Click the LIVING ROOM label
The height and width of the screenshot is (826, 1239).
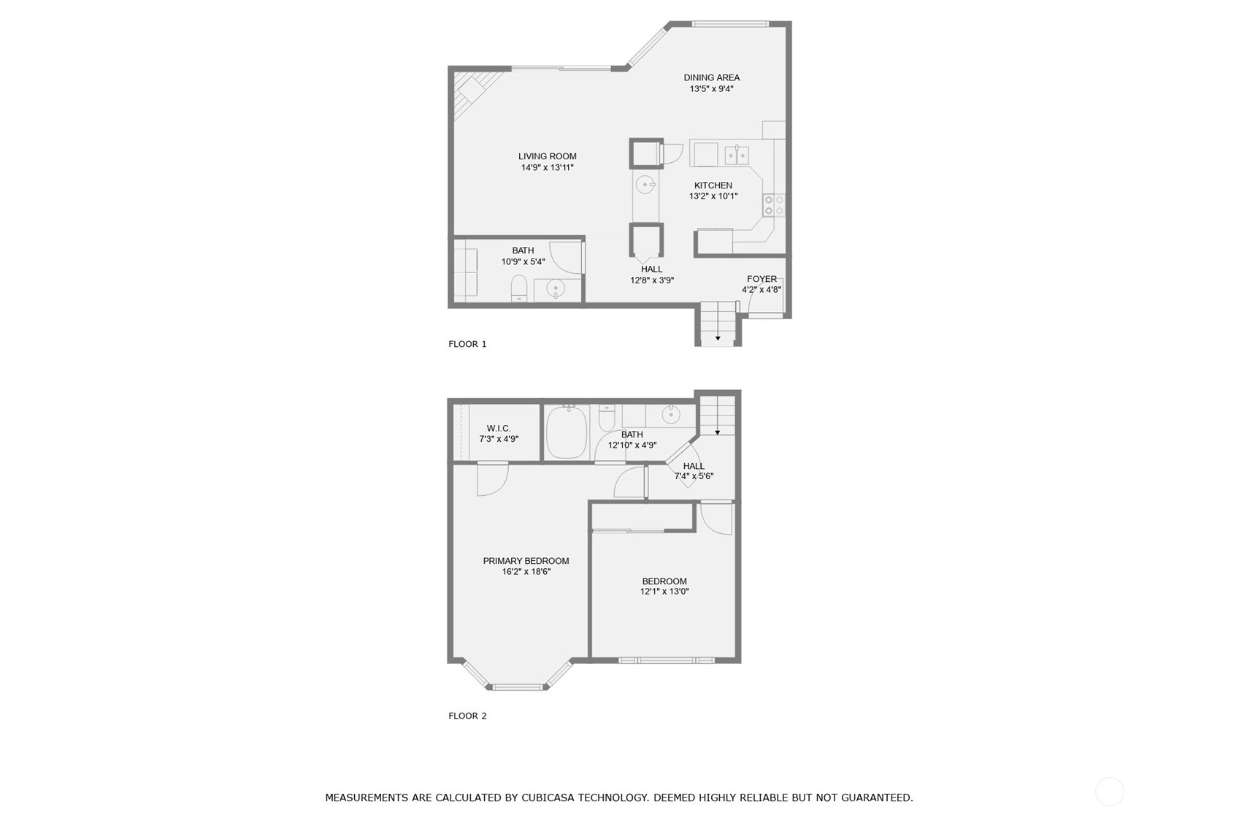coord(547,156)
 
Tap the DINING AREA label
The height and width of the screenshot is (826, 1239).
coord(711,78)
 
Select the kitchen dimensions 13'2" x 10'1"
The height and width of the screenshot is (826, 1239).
coord(713,196)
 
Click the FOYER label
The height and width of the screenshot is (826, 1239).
coord(762,279)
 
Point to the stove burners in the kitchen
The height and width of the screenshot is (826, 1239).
coord(774,205)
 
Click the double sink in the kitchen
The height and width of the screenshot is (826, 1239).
coord(737,156)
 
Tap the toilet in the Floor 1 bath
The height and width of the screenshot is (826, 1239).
coord(519,288)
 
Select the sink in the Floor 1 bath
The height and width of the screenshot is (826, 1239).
coord(555,288)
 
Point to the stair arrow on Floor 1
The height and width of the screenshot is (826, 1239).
coord(718,337)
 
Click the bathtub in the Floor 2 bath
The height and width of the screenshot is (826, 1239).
coord(567,432)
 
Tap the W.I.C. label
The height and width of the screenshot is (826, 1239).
coord(499,428)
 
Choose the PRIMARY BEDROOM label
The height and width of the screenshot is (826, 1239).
coord(526,561)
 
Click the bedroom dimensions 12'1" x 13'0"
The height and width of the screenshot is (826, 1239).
coord(664,592)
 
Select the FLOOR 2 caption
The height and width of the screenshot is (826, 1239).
coord(467,716)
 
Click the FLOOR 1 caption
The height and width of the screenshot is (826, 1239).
coord(467,344)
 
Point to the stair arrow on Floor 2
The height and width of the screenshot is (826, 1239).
coord(718,432)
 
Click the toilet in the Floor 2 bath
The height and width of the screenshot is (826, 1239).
coord(607,418)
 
